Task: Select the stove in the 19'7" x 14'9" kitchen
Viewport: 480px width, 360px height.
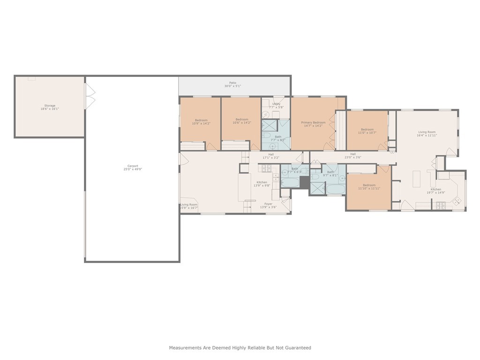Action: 441,205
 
